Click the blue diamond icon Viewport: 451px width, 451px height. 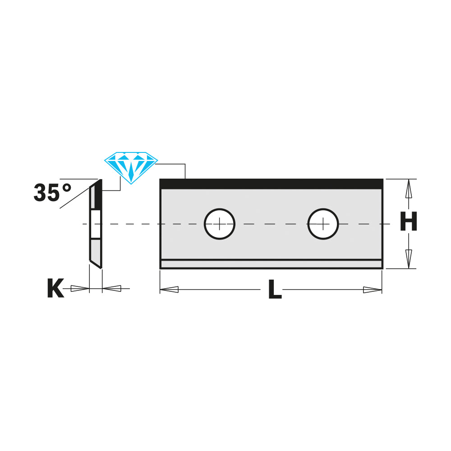coord(131,166)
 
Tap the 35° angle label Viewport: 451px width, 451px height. coord(52,193)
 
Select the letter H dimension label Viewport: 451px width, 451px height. coord(408,223)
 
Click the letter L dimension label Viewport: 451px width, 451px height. coord(274,290)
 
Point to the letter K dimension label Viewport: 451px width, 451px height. coord(55,289)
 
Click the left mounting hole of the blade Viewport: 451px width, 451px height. coord(220,224)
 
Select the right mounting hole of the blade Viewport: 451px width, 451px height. coord(323,224)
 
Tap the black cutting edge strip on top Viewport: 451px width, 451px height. coord(271,184)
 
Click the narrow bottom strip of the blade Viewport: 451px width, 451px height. coord(271,264)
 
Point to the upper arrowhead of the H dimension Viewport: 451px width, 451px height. coord(408,189)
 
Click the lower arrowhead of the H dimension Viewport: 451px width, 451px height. coord(408,258)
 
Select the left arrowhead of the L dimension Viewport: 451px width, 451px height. coord(170,290)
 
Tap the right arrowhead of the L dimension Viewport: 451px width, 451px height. coord(372,290)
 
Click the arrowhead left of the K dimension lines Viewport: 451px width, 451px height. coord(80,289)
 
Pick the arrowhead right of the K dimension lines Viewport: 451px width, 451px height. coord(112,288)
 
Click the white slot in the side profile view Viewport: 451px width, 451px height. coord(96,224)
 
